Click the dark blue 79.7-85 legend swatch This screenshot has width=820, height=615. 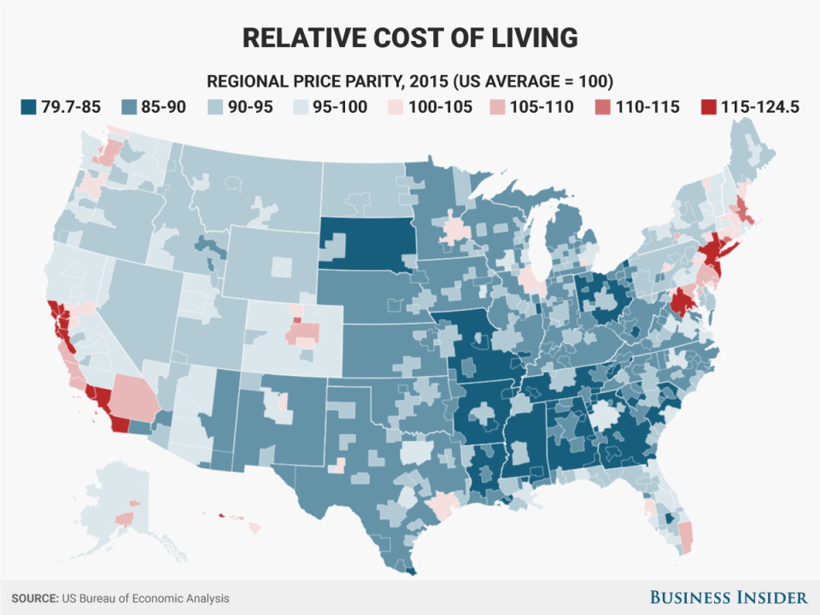point(30,107)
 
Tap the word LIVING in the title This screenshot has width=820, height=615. point(530,38)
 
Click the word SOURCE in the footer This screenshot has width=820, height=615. point(34,599)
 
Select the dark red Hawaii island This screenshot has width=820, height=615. point(221,515)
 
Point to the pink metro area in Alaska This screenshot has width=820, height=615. point(125,518)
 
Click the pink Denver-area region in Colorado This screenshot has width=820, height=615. point(304,332)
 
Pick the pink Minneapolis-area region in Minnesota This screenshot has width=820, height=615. point(456,229)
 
